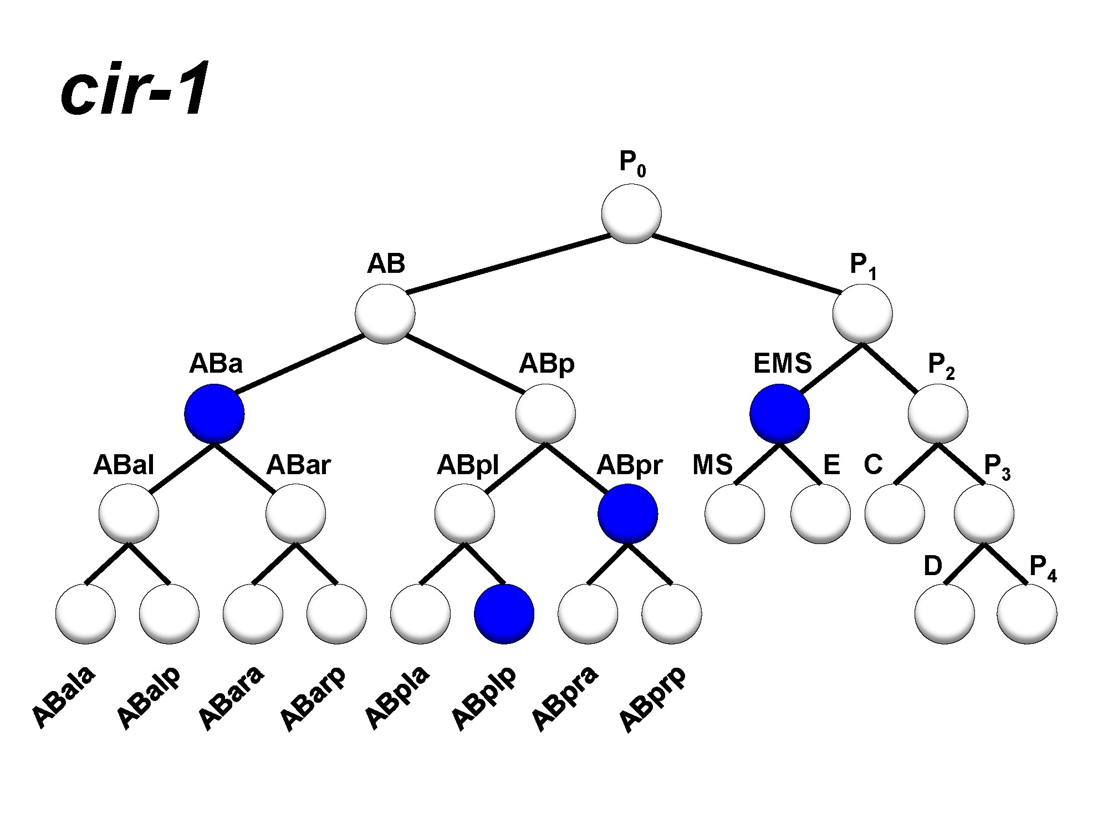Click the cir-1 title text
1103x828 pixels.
click(x=135, y=89)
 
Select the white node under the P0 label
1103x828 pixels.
click(x=631, y=214)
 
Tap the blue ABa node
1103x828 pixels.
click(x=215, y=414)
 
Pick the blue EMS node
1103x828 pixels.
click(x=779, y=414)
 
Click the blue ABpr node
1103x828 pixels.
click(x=628, y=514)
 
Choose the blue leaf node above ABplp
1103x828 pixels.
click(x=504, y=614)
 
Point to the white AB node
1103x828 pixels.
click(x=385, y=314)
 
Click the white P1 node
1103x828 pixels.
click(x=862, y=314)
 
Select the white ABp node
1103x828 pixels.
click(x=545, y=414)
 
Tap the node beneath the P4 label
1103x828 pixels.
click(x=1027, y=614)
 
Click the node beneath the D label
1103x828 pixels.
click(x=944, y=614)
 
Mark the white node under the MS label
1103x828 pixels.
click(x=735, y=514)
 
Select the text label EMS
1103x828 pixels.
click(x=782, y=364)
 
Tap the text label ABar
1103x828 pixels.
click(x=298, y=465)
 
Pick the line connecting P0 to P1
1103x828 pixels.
click(x=745, y=264)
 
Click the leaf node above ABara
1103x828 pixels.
click(x=253, y=614)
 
